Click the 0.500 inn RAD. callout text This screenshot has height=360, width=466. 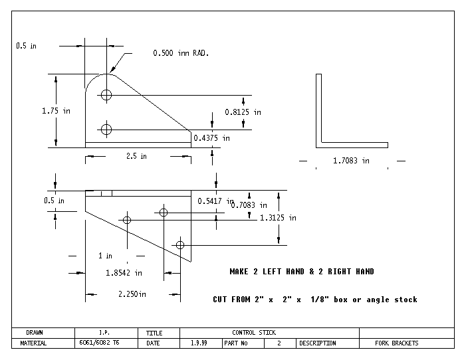click(x=181, y=53)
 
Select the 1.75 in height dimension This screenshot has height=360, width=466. click(x=56, y=111)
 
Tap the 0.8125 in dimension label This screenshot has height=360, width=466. click(x=243, y=112)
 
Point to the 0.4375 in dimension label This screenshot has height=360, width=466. click(x=212, y=138)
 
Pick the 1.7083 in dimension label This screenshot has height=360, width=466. click(x=351, y=161)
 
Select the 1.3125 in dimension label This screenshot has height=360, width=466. click(x=278, y=218)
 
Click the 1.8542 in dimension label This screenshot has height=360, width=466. click(x=124, y=272)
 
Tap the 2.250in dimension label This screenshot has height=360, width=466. click(x=132, y=294)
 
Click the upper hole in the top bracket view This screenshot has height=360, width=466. click(x=106, y=95)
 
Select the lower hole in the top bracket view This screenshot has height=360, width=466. click(x=106, y=129)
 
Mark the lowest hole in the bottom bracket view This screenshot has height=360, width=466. click(x=179, y=245)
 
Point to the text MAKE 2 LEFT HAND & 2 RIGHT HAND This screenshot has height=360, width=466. click(x=301, y=272)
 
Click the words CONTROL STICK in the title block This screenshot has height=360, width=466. click(x=253, y=333)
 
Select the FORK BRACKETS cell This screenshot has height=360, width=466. click(x=397, y=343)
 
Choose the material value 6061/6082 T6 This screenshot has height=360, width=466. click(x=99, y=343)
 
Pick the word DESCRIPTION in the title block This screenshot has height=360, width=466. click(x=317, y=343)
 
